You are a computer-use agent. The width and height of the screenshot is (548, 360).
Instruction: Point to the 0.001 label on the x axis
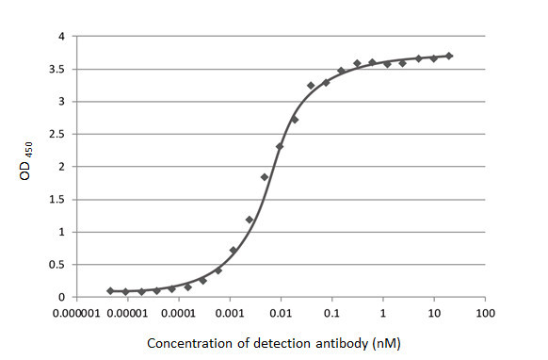click(x=230, y=312)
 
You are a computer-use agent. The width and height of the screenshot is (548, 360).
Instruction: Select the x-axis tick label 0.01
click(x=281, y=312)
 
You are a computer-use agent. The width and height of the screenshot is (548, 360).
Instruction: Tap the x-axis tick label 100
click(x=485, y=312)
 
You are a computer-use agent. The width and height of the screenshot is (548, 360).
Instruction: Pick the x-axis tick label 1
click(x=383, y=312)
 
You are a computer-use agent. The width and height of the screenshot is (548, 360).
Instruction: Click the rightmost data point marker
click(x=449, y=57)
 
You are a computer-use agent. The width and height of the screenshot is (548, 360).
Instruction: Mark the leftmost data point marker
click(x=110, y=291)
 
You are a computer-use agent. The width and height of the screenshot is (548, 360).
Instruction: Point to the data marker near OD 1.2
click(x=250, y=220)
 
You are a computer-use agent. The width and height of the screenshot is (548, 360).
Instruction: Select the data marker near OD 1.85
click(x=265, y=177)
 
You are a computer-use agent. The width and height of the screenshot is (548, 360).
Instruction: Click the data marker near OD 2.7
click(x=295, y=120)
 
